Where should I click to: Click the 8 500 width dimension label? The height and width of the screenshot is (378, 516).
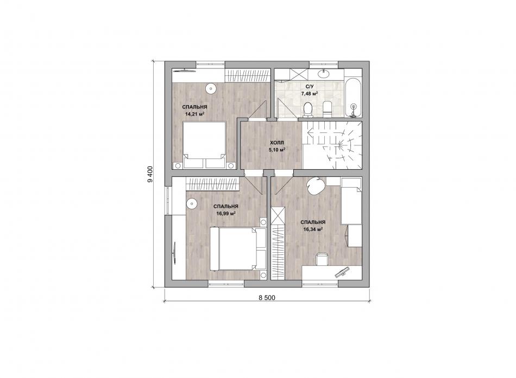click(x=267, y=298)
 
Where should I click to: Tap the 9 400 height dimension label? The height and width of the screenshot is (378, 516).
click(x=150, y=175)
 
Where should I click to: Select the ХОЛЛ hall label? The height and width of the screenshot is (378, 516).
click(x=277, y=143)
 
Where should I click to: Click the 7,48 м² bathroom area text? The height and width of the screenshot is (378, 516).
click(x=310, y=94)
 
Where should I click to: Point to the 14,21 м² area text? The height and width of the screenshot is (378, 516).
click(x=194, y=114)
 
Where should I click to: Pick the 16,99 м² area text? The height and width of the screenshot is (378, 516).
click(x=225, y=213)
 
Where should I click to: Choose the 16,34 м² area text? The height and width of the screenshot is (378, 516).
click(x=313, y=229)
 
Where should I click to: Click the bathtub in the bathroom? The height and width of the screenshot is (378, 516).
click(x=353, y=97)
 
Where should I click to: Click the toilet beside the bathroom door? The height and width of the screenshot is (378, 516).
click(x=308, y=110)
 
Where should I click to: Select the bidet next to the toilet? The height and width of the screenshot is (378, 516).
click(x=328, y=110)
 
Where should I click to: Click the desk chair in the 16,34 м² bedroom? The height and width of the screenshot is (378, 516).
click(x=322, y=259)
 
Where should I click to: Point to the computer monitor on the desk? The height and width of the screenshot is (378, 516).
click(x=342, y=272)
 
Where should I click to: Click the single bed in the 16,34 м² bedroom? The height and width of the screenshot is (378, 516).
click(x=351, y=201)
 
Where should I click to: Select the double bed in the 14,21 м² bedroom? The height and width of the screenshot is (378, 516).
click(x=204, y=145)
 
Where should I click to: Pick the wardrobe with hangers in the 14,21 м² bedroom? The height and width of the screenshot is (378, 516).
click(x=248, y=76)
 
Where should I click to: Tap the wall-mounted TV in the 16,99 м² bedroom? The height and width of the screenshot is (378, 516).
click(x=174, y=252)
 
